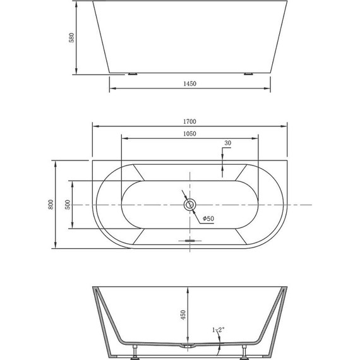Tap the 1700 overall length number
[x=189, y=121]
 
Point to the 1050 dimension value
[x=189, y=134]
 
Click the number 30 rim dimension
[x=227, y=143]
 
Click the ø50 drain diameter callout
[x=207, y=219]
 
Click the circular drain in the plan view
[x=190, y=205]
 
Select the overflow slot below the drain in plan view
[x=190, y=240]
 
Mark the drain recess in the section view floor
[x=190, y=345]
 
